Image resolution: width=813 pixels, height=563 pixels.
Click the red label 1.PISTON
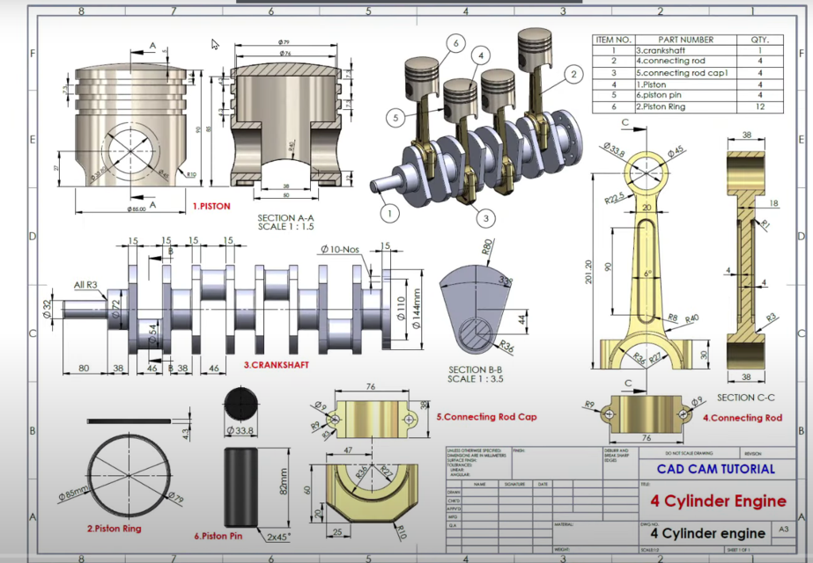pos(211,206)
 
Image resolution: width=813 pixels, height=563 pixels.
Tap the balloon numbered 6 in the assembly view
pos(455,41)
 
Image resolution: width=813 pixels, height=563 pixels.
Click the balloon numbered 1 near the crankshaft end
pos(385,211)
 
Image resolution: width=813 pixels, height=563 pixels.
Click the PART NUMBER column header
pos(686,40)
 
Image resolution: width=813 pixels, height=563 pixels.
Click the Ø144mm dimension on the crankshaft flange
pos(415,309)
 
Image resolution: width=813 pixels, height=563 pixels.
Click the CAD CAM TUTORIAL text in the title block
pos(716,469)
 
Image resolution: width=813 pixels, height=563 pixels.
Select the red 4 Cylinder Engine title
pos(718,501)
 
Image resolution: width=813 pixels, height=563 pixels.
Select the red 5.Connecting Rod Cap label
pos(486,416)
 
